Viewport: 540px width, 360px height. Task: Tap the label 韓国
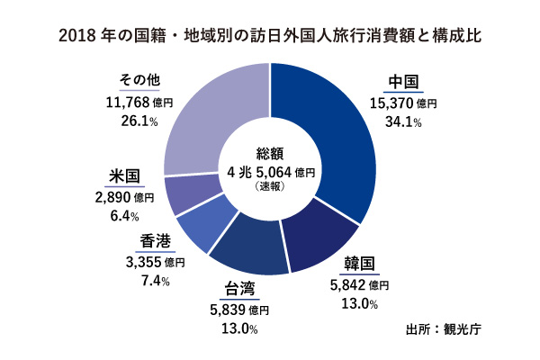click(x=361, y=265)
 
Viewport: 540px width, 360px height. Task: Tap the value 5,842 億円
click(x=360, y=284)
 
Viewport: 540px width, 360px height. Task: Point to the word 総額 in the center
click(x=270, y=153)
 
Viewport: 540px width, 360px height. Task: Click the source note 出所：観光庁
click(x=445, y=328)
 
